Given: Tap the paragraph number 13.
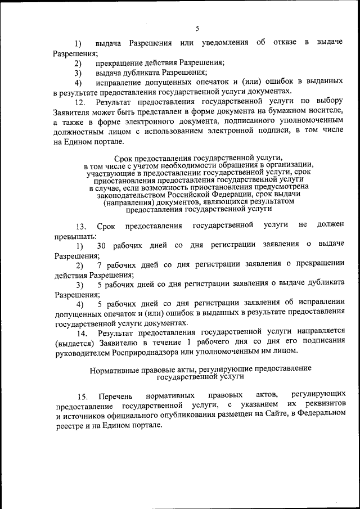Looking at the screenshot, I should pos(80,227).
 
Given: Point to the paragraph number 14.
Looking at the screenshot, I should pos(80,333).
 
